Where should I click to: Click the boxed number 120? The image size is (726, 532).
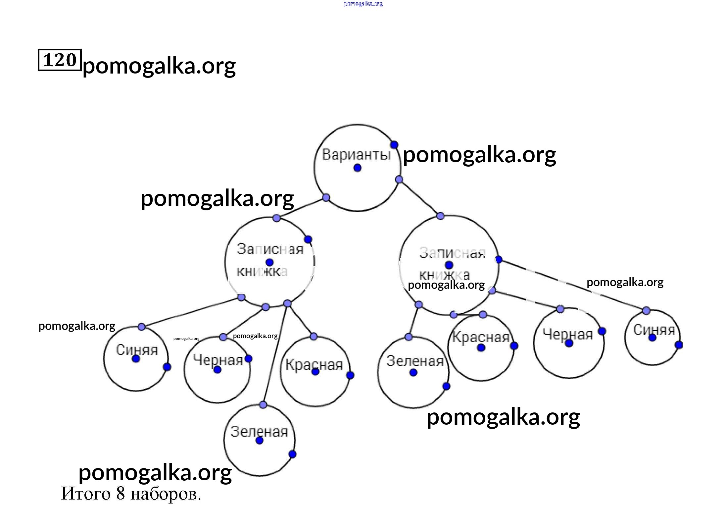coord(60,60)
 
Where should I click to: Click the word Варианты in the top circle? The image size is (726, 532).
coord(356,154)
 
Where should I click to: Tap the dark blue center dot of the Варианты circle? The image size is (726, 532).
coord(357,168)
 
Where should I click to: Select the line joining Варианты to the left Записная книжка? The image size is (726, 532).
coord(301,208)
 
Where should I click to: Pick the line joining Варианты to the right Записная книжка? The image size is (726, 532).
coord(420,198)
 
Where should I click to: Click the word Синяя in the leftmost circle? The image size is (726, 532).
coord(137,350)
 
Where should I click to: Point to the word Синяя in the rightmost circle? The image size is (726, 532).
coord(654,330)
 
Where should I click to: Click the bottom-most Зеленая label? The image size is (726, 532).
coord(259,431)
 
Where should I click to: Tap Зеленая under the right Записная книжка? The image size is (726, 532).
coord(414,361)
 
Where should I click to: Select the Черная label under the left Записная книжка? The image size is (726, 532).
coord(218,360)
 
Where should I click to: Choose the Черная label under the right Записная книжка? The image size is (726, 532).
coord(568,334)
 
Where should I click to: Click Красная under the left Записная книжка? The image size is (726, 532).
coord(314,364)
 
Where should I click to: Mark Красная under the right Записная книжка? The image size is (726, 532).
coord(480,337)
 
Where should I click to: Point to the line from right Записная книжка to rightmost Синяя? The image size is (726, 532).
coord(573,285)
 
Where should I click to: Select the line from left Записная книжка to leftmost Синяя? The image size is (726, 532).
coord(191,312)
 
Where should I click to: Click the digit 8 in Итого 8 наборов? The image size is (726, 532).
coord(121,494)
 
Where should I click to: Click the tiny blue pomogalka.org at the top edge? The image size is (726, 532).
coord(363,4)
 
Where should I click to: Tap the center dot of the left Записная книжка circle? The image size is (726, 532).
coord(269,262)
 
